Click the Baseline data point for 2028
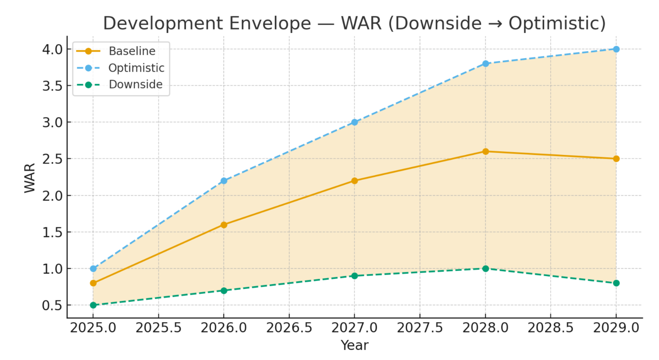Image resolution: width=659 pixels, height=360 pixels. (485, 152)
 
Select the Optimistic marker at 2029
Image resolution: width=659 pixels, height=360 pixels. (616, 49)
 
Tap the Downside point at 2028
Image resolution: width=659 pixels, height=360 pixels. (485, 269)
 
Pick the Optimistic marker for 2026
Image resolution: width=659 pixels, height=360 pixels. (224, 181)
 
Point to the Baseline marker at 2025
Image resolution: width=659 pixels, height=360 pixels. (93, 283)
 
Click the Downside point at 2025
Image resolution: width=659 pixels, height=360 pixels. (93, 305)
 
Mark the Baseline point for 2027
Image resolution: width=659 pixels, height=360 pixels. (354, 181)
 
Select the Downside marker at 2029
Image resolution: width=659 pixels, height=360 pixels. (616, 283)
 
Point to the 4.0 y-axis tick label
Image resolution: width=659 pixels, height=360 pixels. (52, 49)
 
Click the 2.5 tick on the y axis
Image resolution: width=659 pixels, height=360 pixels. (52, 159)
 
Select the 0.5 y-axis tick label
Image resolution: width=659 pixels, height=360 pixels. (52, 305)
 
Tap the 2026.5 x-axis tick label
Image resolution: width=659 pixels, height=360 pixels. (289, 328)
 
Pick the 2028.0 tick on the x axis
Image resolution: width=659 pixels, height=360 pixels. (485, 328)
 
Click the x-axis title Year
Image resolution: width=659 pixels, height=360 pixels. (354, 345)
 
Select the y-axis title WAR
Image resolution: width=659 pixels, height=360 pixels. (30, 178)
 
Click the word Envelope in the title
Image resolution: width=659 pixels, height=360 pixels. (270, 23)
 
